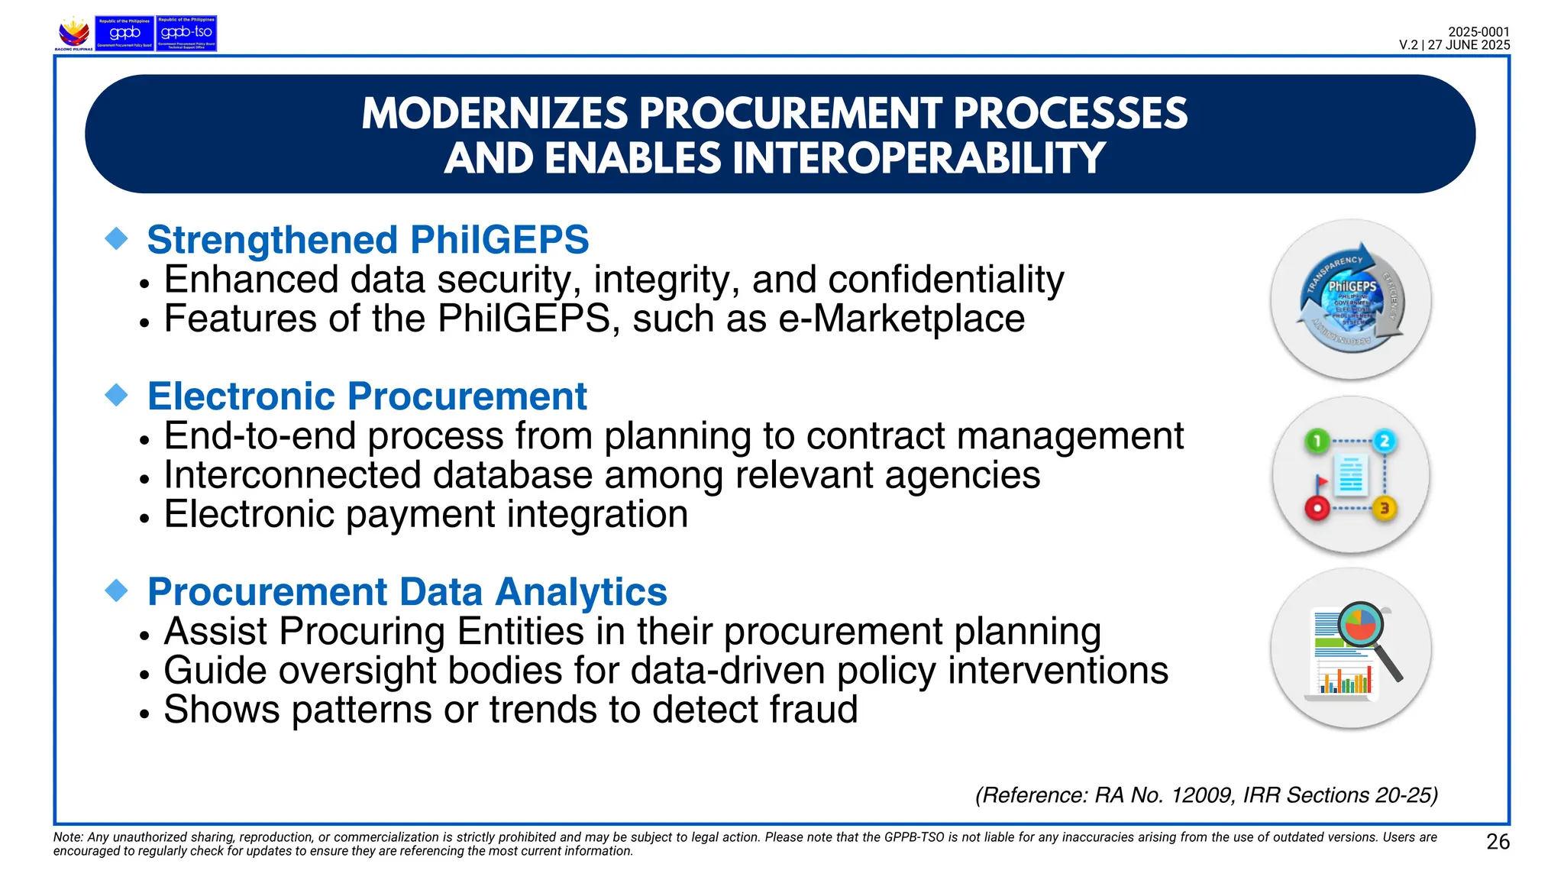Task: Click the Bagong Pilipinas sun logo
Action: pos(74,33)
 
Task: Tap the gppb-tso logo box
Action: pos(186,34)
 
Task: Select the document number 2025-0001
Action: pos(1478,32)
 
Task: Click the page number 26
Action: pos(1498,842)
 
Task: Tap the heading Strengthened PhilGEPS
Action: pos(367,240)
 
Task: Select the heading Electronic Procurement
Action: pos(367,396)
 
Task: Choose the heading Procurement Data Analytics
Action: pos(407,592)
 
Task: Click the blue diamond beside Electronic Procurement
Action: pos(117,395)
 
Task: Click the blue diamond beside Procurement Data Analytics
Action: pos(117,590)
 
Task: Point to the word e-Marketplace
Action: pos(901,319)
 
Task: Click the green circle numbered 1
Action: pos(1317,442)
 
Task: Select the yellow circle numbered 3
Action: pos(1385,508)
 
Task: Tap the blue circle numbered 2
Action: pos(1384,442)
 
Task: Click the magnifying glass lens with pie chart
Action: pos(1361,625)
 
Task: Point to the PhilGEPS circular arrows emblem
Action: pos(1351,300)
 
